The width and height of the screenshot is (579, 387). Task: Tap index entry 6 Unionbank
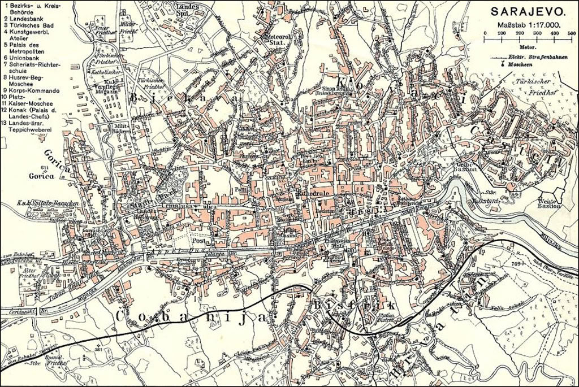click(25, 58)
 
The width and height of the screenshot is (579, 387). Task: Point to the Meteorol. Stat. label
click(276, 38)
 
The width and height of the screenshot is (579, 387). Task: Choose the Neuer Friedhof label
click(102, 31)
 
